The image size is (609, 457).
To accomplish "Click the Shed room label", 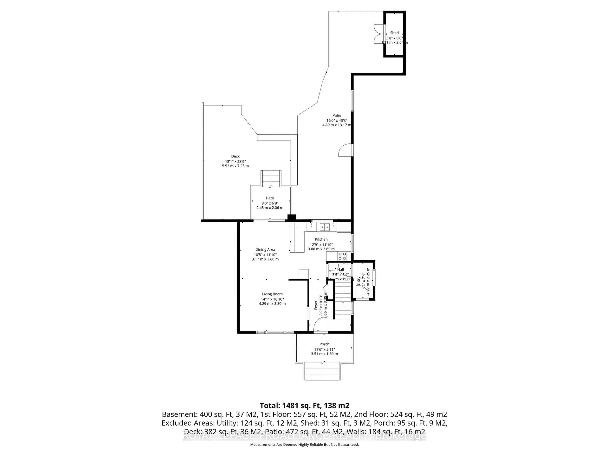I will [x=394, y=33].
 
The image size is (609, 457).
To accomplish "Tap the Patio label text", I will [x=336, y=115].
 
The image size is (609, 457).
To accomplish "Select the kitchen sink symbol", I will [x=325, y=227].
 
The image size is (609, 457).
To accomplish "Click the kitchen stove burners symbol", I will [x=342, y=256].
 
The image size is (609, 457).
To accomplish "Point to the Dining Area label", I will [x=265, y=250].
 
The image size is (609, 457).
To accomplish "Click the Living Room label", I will [x=272, y=294].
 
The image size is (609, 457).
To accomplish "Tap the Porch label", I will [x=324, y=344].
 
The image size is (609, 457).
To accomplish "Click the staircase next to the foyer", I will [x=343, y=302].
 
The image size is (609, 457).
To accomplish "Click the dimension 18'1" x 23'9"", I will [x=235, y=161].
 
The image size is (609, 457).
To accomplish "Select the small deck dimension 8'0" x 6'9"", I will [x=270, y=203].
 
